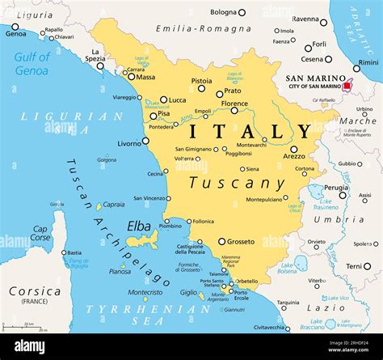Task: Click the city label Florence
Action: click(x=234, y=104)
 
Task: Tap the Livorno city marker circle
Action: click(x=145, y=141)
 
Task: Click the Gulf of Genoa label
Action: click(x=32, y=64)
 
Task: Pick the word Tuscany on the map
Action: click(x=236, y=184)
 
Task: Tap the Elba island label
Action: click(x=138, y=227)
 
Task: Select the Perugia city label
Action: click(x=336, y=187)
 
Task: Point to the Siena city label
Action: click(x=252, y=169)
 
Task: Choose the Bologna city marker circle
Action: click(x=241, y=12)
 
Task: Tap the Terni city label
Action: click(x=353, y=266)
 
